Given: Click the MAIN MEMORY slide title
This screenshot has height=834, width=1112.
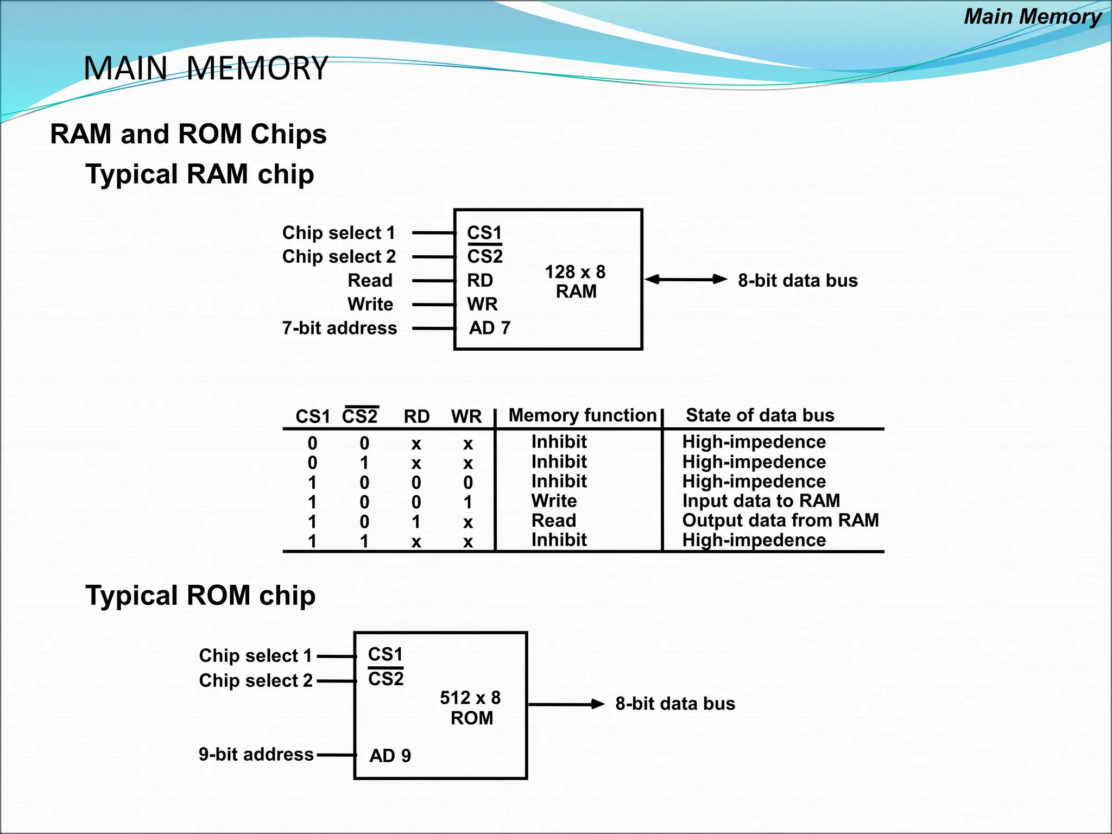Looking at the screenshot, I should [206, 68].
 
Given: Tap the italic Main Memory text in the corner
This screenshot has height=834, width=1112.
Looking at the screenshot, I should [1032, 17].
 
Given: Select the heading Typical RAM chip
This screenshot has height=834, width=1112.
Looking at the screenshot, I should [199, 174].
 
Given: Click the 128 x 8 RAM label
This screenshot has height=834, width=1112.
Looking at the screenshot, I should [576, 281].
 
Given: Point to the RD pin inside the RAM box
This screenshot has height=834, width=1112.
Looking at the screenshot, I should [480, 280].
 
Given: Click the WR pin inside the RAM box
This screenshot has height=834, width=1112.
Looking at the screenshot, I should [482, 304].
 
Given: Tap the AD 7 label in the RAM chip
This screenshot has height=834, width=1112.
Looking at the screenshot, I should [490, 328].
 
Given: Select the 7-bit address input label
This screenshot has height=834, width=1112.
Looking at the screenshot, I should [339, 328].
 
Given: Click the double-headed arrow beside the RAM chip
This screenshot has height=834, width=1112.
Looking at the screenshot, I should [686, 280].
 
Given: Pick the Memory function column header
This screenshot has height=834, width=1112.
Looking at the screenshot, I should [582, 415].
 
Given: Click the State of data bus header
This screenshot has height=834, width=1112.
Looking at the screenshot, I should [760, 415].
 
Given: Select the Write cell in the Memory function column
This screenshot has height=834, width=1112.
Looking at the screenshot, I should [554, 501].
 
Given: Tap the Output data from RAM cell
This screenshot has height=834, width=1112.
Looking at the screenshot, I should [780, 520].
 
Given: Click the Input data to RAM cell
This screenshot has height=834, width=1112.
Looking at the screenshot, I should [761, 501].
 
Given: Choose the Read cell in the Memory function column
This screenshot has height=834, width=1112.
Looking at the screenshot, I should [553, 520].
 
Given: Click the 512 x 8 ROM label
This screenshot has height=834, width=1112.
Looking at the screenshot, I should [471, 707].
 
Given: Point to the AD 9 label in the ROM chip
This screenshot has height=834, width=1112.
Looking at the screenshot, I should [390, 755].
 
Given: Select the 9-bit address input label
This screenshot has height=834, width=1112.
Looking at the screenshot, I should [256, 754].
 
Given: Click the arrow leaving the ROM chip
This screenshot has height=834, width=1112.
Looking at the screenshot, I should [566, 704].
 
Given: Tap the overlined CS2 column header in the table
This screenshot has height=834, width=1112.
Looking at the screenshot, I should [360, 416].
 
